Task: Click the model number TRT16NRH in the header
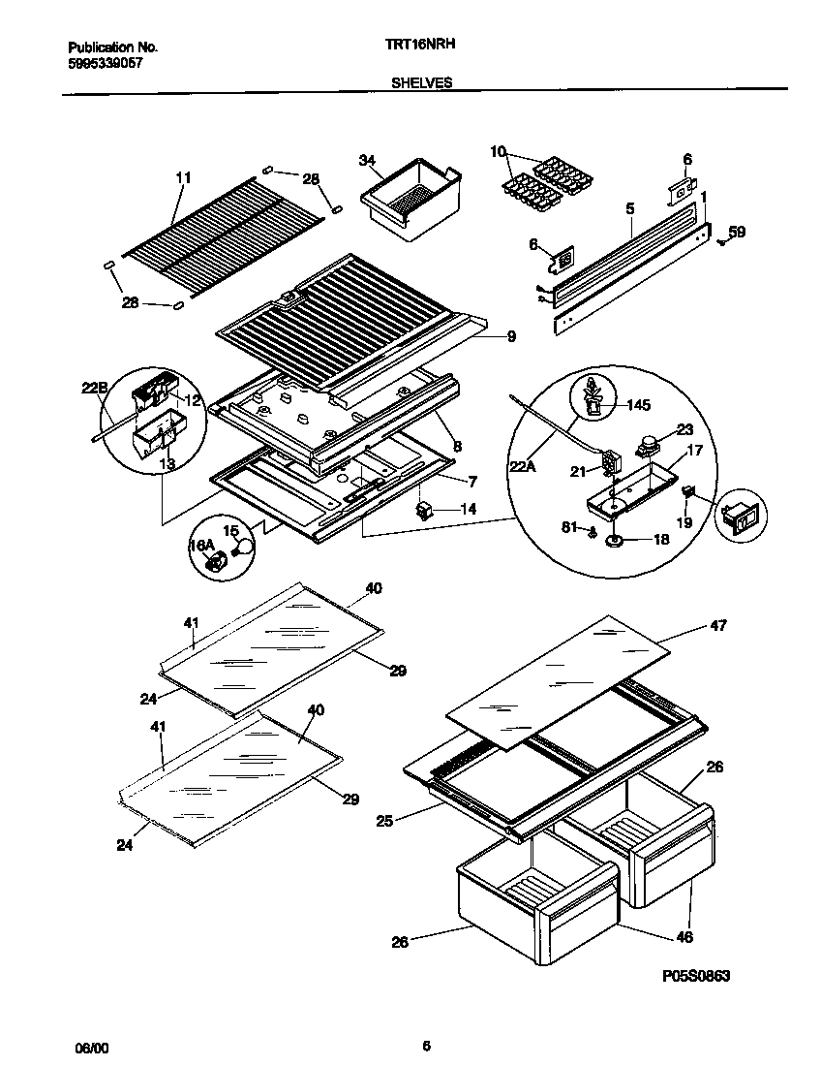click(x=421, y=45)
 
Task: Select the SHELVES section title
click(x=421, y=83)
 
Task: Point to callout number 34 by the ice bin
click(x=366, y=159)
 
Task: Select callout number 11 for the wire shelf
click(x=183, y=177)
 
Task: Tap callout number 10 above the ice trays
click(x=498, y=151)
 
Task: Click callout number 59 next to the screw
click(x=737, y=232)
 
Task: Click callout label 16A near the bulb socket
click(x=200, y=546)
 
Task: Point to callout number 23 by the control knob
click(x=684, y=430)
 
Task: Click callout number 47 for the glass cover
click(x=717, y=626)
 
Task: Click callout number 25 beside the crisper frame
click(x=385, y=822)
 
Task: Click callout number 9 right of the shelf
click(x=510, y=336)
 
